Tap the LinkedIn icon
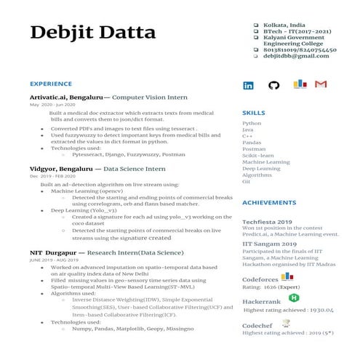point(248,85)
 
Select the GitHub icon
point(273,85)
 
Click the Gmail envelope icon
point(321,84)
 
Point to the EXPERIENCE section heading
point(50,84)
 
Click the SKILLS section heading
point(253,113)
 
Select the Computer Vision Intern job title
point(150,97)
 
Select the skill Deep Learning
point(260,168)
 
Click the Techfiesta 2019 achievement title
point(267,221)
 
